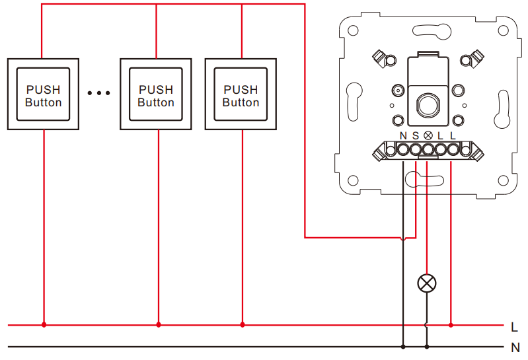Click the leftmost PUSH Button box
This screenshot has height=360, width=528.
point(43,94)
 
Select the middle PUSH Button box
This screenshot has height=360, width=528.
point(156,94)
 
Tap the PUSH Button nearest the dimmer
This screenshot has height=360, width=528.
point(241,94)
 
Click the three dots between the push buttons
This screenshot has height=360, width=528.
point(98,93)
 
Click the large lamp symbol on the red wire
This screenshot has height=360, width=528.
point(427,283)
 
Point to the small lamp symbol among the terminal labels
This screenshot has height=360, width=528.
point(428,135)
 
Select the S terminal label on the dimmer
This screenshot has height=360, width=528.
point(416,135)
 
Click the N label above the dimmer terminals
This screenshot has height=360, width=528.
point(403,135)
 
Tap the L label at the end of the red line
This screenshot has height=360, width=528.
point(514,327)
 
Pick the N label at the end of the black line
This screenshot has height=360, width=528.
point(515,347)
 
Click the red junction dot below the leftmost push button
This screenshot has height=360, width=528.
point(44,325)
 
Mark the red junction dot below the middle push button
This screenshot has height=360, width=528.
point(159,325)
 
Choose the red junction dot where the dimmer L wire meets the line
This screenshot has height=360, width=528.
point(451,325)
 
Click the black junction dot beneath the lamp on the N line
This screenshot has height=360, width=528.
point(427,347)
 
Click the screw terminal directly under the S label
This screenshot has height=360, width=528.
point(416,149)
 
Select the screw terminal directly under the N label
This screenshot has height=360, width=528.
point(403,149)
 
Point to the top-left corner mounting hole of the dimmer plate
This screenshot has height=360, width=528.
point(353,30)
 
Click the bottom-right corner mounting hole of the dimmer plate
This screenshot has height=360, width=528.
point(503,180)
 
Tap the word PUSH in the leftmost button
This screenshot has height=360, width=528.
point(44,90)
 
